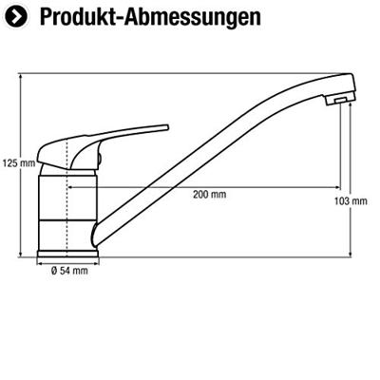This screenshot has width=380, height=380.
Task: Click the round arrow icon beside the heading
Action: (16, 16)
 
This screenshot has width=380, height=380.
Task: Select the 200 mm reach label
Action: (209, 195)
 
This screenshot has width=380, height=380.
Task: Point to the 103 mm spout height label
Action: (351, 200)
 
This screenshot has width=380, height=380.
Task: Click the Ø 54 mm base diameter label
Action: (68, 271)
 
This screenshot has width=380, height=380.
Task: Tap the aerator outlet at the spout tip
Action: (337, 100)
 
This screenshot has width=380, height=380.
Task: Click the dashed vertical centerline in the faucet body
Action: (66, 190)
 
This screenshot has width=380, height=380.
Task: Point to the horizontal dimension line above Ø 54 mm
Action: (67, 262)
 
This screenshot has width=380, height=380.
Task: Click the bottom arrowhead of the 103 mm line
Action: (351, 255)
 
